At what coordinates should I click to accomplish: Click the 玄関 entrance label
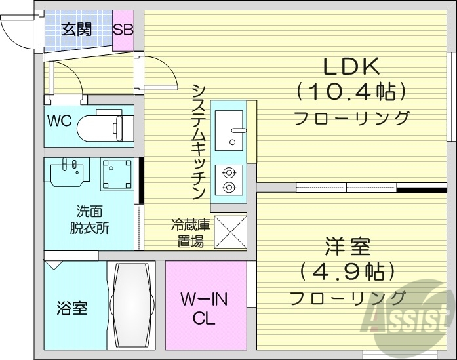point(77,30)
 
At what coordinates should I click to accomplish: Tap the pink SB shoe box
point(123,30)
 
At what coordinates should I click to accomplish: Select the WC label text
point(58,121)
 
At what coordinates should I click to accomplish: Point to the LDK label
point(351,67)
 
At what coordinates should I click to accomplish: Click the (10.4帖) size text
point(351,92)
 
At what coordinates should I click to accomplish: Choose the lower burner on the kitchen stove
point(229,188)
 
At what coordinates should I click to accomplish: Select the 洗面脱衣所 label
point(90,220)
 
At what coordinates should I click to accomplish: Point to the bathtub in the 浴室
point(130,305)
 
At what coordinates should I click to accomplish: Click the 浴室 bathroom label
point(72,308)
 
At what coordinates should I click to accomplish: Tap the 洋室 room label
point(348,248)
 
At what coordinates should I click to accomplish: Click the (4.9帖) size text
point(348,271)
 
